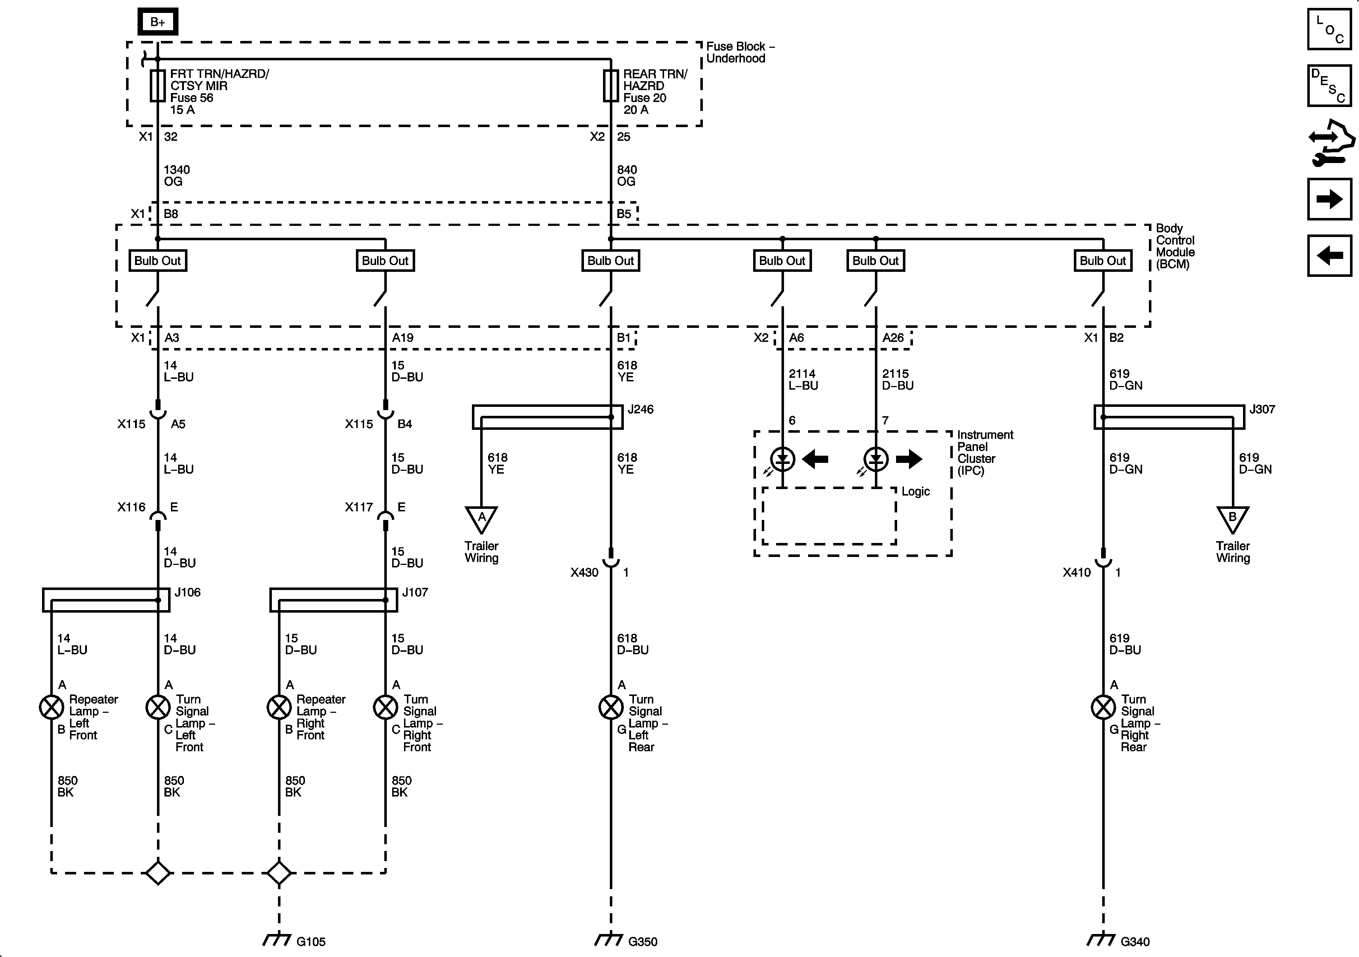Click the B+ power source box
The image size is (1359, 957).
157,22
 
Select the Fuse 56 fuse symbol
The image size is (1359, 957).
157,86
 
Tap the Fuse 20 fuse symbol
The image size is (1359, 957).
611,86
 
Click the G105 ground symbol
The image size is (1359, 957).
277,940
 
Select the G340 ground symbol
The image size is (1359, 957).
1101,940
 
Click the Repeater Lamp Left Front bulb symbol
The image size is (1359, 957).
51,707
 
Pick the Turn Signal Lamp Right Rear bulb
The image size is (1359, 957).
1103,707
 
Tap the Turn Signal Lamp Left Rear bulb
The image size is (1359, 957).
611,707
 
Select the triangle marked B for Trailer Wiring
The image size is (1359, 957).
1233,519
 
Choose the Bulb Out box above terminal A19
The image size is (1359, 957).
385,260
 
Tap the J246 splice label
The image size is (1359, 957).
640,409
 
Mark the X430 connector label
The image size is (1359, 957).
584,572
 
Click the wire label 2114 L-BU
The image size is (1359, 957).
803,379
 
